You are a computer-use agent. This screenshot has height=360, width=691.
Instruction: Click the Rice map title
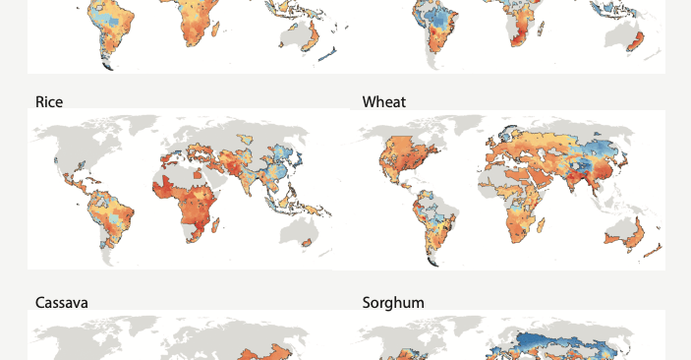coord(49,102)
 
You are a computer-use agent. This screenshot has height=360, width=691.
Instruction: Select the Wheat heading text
coord(383,102)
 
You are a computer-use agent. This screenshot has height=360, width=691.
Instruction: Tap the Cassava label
coord(61,303)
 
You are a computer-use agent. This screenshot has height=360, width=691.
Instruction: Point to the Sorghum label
coord(393,303)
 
